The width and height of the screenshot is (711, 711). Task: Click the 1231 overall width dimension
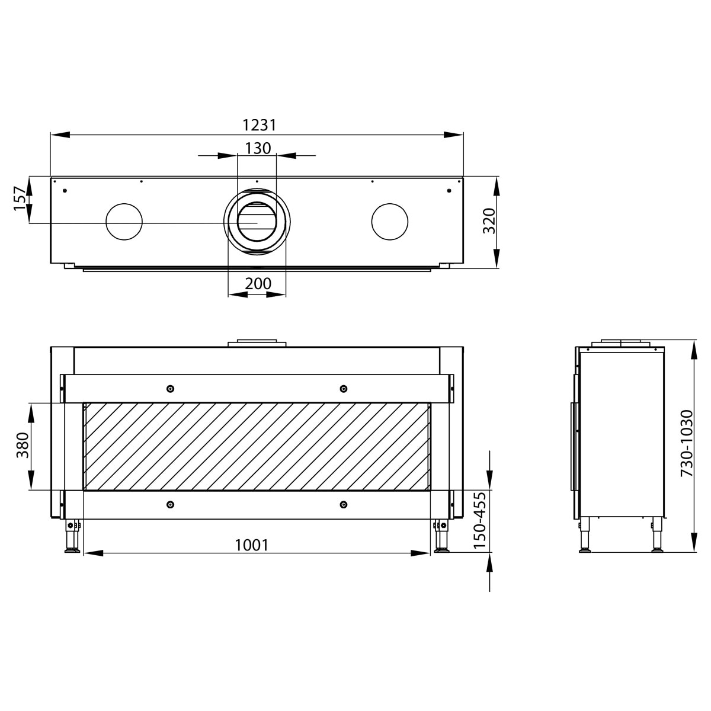(260, 125)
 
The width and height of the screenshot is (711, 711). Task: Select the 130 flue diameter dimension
(258, 148)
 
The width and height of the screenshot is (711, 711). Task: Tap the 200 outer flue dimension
(258, 284)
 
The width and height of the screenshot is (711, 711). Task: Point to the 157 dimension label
(20, 198)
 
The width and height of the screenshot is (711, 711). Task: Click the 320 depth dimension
(489, 221)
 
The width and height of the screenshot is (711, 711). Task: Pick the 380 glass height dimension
(23, 446)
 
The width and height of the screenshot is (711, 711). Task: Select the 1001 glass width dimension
(252, 545)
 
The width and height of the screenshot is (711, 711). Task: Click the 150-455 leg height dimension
(480, 520)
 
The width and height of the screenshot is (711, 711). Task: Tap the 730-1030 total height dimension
(686, 443)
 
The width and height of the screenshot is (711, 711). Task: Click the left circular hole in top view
(124, 222)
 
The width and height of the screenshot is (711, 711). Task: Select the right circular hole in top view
(389, 222)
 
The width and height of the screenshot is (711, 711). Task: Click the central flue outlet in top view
(257, 222)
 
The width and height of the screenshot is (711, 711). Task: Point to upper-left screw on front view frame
(170, 389)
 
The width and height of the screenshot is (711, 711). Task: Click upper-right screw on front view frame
(343, 389)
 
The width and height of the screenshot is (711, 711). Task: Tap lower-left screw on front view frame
(170, 504)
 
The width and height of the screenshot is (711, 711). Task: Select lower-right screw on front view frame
(343, 504)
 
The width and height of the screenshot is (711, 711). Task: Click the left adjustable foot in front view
(73, 538)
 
